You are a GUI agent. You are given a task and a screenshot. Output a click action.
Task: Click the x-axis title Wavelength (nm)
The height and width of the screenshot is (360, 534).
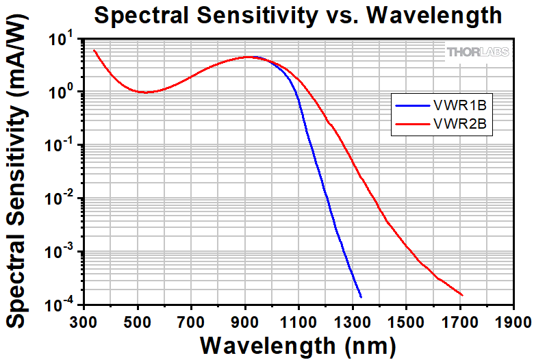tap(298, 344)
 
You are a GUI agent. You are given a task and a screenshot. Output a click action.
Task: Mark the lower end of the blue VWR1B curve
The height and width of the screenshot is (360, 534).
tap(361, 296)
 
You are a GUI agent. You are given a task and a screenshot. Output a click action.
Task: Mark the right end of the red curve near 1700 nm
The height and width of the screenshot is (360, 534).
tap(462, 295)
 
